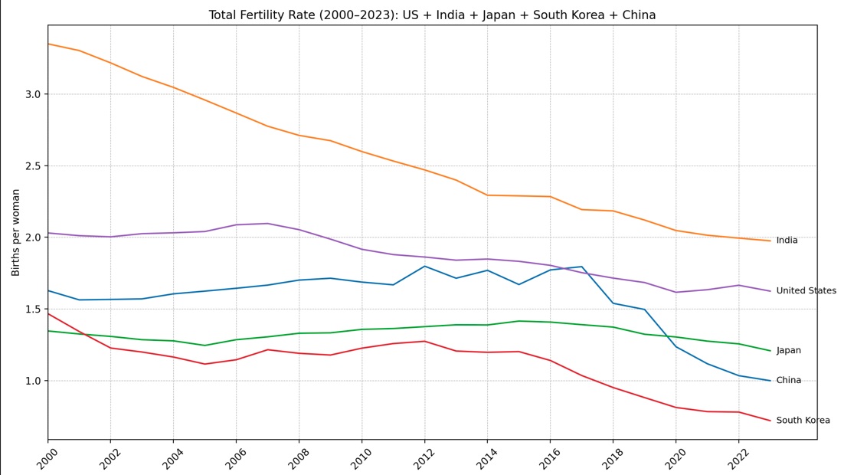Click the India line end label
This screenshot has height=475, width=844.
click(787, 241)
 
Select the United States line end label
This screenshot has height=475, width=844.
click(806, 291)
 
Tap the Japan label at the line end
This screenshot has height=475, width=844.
click(788, 351)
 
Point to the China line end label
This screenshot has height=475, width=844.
click(788, 381)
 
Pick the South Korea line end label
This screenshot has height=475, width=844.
click(803, 421)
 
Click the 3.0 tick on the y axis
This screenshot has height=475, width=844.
click(32, 94)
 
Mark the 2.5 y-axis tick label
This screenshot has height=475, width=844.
click(32, 166)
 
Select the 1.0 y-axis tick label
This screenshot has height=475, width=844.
click(32, 381)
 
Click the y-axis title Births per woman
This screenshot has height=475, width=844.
click(16, 232)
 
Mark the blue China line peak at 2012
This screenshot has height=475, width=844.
click(424, 266)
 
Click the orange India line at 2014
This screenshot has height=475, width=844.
click(487, 195)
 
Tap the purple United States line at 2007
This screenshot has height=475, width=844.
click(267, 224)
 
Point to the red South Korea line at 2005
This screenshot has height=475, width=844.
click(204, 364)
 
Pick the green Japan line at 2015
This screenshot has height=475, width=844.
click(519, 321)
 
